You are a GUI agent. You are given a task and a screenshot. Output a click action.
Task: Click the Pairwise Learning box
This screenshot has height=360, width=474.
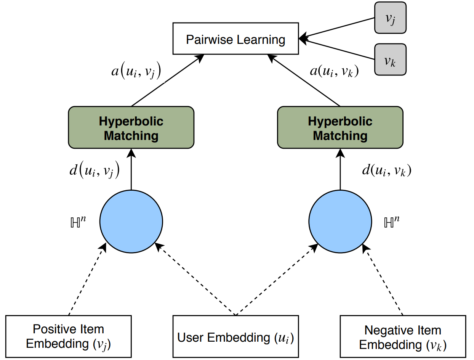[235, 39]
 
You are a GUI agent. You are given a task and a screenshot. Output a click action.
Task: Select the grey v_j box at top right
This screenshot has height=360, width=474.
[390, 18]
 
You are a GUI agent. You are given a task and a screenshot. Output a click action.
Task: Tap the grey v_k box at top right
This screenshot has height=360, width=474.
[390, 59]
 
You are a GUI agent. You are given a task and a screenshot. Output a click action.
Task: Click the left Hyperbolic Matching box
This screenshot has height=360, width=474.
[131, 127]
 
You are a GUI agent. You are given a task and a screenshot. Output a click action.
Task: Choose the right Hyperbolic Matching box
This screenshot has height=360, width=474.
[340, 127]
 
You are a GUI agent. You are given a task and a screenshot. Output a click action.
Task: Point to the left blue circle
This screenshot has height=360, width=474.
[131, 222]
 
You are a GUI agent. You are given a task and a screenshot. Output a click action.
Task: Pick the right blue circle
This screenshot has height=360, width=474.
[340, 222]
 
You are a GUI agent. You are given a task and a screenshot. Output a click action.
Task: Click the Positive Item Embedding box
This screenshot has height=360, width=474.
[69, 336]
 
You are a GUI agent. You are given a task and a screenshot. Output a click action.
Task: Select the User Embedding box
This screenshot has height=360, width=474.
[235, 336]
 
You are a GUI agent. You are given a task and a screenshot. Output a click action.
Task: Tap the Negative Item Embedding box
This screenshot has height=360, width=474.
[403, 336]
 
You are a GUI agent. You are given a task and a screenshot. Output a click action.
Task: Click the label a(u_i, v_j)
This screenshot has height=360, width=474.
[136, 71]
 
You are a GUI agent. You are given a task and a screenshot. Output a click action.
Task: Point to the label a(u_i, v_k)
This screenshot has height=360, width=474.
[334, 71]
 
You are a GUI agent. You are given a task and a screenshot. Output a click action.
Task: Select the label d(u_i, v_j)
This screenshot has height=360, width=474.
[94, 170]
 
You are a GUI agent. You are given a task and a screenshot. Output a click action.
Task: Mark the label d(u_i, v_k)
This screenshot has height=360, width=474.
[387, 170]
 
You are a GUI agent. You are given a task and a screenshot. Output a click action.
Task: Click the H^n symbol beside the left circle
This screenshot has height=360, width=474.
[78, 222]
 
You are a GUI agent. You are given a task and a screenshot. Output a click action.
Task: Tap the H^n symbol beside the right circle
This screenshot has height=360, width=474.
[392, 222]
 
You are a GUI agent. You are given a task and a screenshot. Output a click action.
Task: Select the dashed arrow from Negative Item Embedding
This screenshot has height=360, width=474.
[383, 280]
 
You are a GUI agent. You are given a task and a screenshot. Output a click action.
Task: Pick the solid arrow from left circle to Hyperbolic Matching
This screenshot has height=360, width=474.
[131, 169]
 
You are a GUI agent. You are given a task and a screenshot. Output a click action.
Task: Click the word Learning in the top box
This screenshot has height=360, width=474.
[261, 40]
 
